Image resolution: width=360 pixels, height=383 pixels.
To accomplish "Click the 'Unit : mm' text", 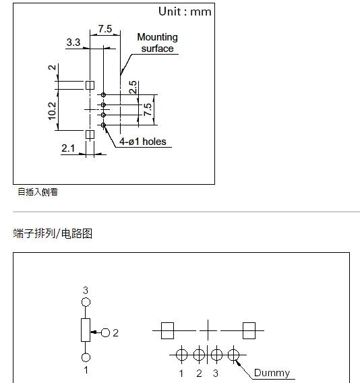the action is [185, 11].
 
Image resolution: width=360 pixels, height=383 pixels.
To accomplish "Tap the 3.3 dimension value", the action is [73, 42].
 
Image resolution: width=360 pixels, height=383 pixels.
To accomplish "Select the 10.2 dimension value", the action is [53, 111].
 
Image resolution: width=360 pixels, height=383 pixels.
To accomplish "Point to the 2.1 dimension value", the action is [68, 148].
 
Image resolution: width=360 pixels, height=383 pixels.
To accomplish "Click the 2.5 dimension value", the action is [133, 87].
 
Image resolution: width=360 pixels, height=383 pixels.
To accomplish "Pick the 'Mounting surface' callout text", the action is [158, 42].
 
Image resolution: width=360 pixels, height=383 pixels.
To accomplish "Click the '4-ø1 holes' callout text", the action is [143, 142].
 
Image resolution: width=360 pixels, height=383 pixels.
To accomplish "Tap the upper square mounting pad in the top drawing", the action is [90, 85].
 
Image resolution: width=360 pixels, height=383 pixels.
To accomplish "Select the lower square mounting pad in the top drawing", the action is [90, 135].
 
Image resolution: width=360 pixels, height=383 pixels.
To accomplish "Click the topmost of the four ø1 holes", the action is [103, 95].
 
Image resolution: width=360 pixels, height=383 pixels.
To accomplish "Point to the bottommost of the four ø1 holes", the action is [103, 125].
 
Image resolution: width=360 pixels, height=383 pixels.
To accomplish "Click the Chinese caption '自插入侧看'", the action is [38, 192].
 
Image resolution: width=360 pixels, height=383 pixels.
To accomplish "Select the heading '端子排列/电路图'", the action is [53, 233].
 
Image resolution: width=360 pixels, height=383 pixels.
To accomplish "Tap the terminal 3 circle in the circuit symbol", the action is [86, 302].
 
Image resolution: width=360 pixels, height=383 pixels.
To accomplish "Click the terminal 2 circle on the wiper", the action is [105, 332].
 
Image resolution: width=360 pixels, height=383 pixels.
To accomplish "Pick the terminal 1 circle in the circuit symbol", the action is [86, 357].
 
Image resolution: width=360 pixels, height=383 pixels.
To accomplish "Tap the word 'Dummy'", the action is [272, 373].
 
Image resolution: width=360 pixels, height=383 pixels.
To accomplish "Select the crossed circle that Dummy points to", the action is [233, 355].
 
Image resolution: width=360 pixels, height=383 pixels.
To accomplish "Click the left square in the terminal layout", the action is [168, 330].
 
